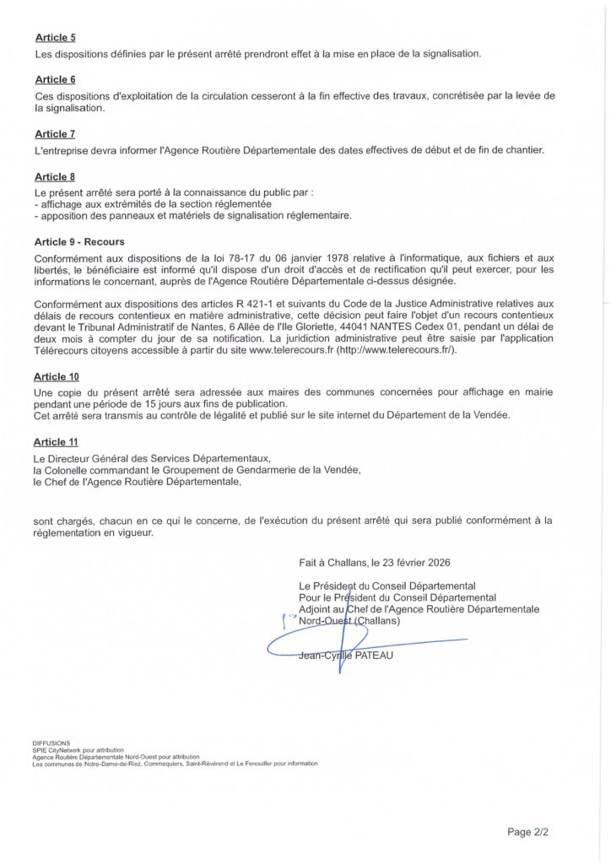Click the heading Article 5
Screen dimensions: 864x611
[55, 38]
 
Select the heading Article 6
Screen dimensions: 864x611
[55, 79]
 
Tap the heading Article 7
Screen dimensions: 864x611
[55, 134]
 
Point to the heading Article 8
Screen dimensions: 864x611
[55, 176]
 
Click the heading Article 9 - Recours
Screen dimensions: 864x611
[79, 241]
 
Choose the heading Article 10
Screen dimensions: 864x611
[58, 376]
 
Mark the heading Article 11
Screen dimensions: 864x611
[58, 441]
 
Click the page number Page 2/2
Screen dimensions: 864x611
[527, 832]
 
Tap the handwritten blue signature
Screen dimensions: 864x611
[338, 645]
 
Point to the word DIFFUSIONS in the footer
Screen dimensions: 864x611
[51, 742]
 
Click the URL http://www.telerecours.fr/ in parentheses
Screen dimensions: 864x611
[396, 350]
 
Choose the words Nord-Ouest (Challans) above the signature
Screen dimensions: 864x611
[349, 621]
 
